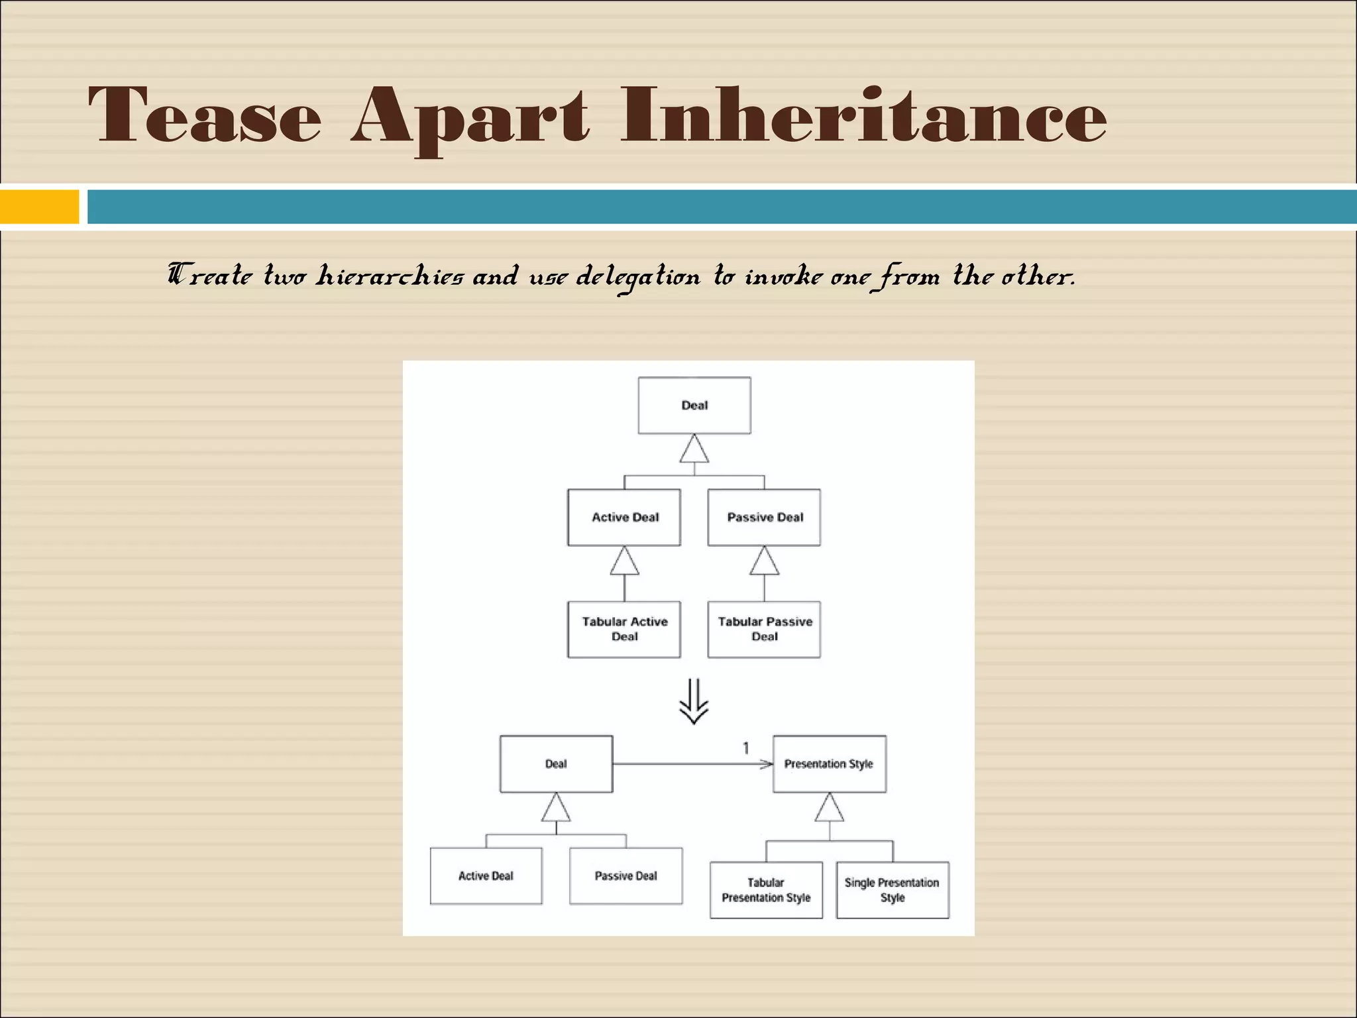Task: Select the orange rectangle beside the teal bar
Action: click(39, 206)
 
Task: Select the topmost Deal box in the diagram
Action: click(694, 406)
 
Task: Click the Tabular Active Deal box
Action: click(624, 629)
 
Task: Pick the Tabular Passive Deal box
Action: click(764, 629)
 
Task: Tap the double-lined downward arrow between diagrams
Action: click(694, 702)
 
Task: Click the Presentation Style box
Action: click(829, 763)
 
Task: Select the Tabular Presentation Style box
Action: click(766, 890)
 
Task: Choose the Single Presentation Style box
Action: click(893, 890)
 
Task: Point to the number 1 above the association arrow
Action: click(746, 748)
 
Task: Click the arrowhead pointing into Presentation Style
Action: click(767, 764)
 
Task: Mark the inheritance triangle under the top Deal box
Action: click(694, 450)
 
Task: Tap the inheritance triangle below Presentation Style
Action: click(829, 808)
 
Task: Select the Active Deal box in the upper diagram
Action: click(624, 517)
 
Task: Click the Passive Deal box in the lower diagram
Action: click(625, 876)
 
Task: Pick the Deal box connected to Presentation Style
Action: click(556, 763)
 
